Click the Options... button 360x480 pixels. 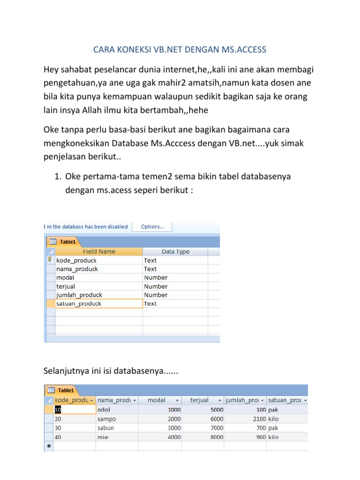coord(152,227)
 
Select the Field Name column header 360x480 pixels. coord(98,252)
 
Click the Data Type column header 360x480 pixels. coord(175,252)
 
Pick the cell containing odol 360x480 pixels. coord(117,410)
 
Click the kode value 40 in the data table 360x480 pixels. coord(58,437)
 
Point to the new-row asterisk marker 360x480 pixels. coord(48,446)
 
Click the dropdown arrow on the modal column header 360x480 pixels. coord(177,401)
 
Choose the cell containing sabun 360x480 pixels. coord(117,428)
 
